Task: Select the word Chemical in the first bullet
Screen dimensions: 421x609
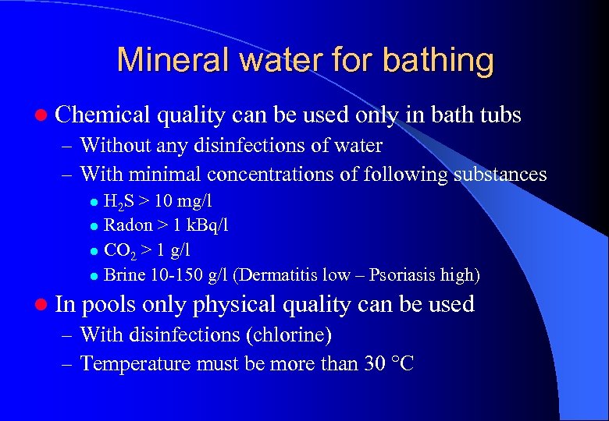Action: [x=102, y=115]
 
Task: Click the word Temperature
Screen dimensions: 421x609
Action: [x=133, y=363]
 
